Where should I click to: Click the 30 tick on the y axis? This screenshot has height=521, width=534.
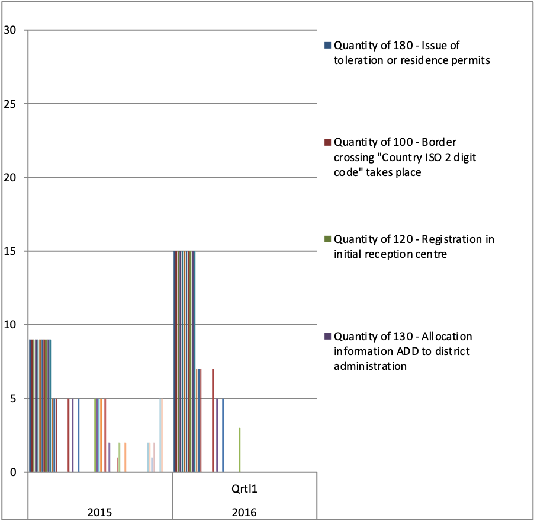9,30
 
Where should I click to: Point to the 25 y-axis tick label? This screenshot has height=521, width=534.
9,104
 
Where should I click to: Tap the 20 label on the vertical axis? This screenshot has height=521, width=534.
9,178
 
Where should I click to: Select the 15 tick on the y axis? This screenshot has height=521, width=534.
9,251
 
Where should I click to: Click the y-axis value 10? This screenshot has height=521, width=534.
9,325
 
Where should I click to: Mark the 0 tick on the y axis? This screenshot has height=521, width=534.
12,472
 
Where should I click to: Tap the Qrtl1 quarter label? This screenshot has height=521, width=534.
245,490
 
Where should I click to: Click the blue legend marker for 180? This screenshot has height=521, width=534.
327,46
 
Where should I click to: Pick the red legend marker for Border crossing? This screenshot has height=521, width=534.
327,142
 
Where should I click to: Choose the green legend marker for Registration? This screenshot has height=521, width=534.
327,239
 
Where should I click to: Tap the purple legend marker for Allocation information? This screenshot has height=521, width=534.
327,337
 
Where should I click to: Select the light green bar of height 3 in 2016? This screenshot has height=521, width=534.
239,450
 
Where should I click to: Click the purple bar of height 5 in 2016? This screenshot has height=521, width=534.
217,436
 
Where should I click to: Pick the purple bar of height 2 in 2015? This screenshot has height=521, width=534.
110,458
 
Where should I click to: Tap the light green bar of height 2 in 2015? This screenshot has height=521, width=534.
120,458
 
